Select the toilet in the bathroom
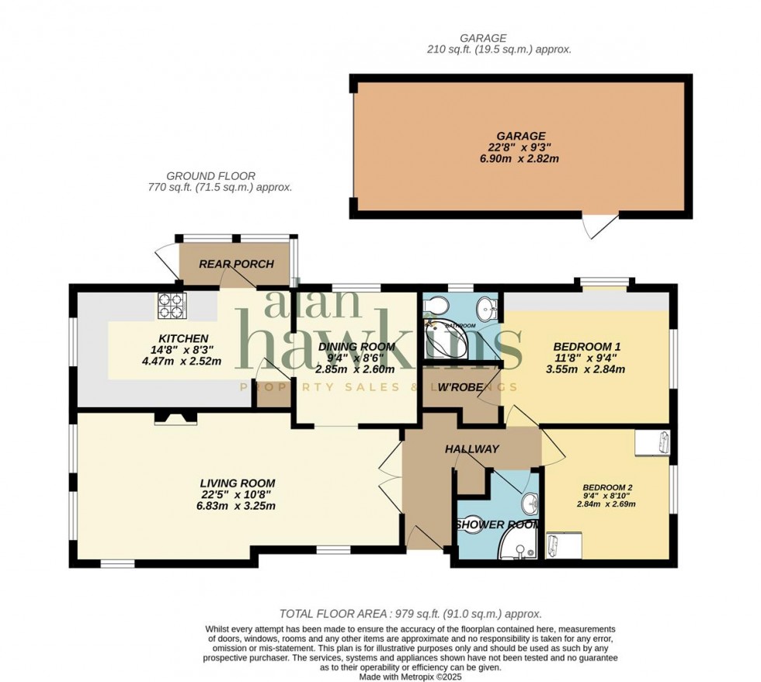(434, 304)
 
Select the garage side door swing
(600, 226)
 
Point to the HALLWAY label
(471, 449)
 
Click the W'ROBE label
(461, 387)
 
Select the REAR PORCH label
(236, 264)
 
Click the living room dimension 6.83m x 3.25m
(238, 506)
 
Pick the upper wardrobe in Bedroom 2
(651, 442)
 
